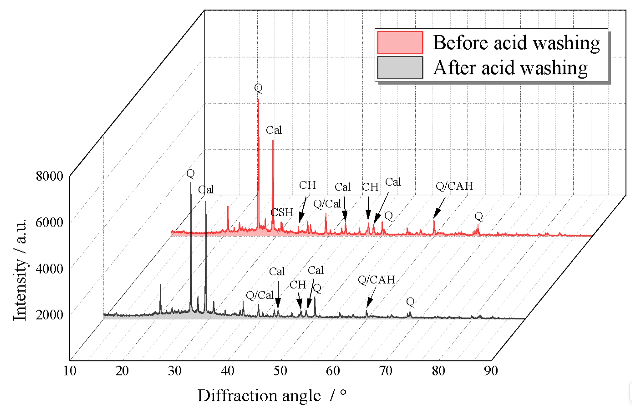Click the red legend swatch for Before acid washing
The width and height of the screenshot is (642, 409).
tap(400, 43)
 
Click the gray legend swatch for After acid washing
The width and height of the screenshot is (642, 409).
tap(400, 68)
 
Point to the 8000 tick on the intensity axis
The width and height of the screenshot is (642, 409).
tap(49, 176)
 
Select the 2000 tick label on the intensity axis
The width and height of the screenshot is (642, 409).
tap(49, 314)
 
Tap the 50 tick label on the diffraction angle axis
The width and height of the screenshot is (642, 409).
tap(280, 371)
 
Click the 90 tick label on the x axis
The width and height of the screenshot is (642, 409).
tap(491, 371)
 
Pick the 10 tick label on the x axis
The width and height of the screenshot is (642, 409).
tap(70, 371)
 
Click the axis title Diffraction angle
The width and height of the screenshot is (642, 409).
tap(259, 396)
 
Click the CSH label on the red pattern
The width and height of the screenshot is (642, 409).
tap(282, 212)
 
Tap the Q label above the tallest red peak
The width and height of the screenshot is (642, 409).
tap(258, 88)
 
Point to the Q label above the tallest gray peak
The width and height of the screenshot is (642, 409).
tap(190, 173)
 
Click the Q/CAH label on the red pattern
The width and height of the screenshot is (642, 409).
tap(454, 186)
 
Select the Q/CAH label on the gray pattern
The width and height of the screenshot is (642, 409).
tap(376, 280)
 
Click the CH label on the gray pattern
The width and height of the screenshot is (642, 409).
tap(297, 285)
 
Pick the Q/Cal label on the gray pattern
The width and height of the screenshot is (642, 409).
tap(259, 295)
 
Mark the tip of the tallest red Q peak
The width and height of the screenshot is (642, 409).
tap(258, 100)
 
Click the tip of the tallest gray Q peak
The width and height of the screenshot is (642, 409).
tap(191, 183)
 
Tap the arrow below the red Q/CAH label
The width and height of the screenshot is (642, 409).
tap(439, 208)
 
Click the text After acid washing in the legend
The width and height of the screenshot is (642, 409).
tap(510, 68)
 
